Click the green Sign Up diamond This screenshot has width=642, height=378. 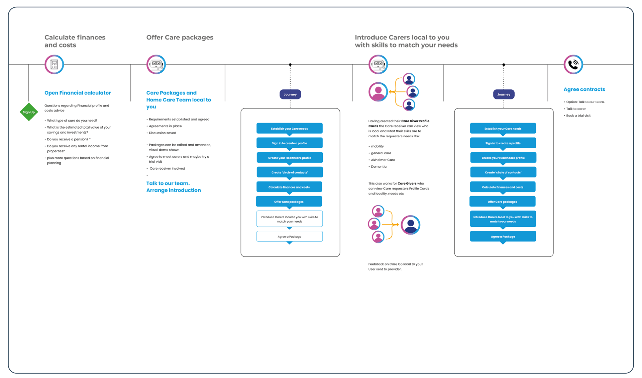(x=29, y=112)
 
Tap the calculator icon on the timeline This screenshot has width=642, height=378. (x=54, y=64)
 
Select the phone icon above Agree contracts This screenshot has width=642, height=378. (x=573, y=64)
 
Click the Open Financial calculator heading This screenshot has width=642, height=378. (x=78, y=93)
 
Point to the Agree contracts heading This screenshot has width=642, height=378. (x=584, y=89)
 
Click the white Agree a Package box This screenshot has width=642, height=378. (x=290, y=236)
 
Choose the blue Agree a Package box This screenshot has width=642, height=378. (x=503, y=236)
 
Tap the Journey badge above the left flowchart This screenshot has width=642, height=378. (x=290, y=94)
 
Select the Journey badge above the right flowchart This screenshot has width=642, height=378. (x=504, y=94)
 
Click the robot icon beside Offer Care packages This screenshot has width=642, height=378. (x=156, y=64)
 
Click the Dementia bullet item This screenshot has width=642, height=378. (x=379, y=166)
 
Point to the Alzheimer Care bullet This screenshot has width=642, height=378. (x=383, y=160)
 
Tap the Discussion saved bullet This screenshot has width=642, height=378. (x=163, y=133)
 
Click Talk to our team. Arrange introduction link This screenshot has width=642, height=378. (x=174, y=187)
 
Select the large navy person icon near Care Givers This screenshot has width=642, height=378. (x=410, y=225)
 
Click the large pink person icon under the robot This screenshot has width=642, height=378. (x=378, y=92)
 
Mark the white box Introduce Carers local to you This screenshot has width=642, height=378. (x=290, y=219)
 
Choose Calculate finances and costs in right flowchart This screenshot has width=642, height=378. (x=503, y=187)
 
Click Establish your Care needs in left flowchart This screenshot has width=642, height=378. (x=290, y=129)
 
